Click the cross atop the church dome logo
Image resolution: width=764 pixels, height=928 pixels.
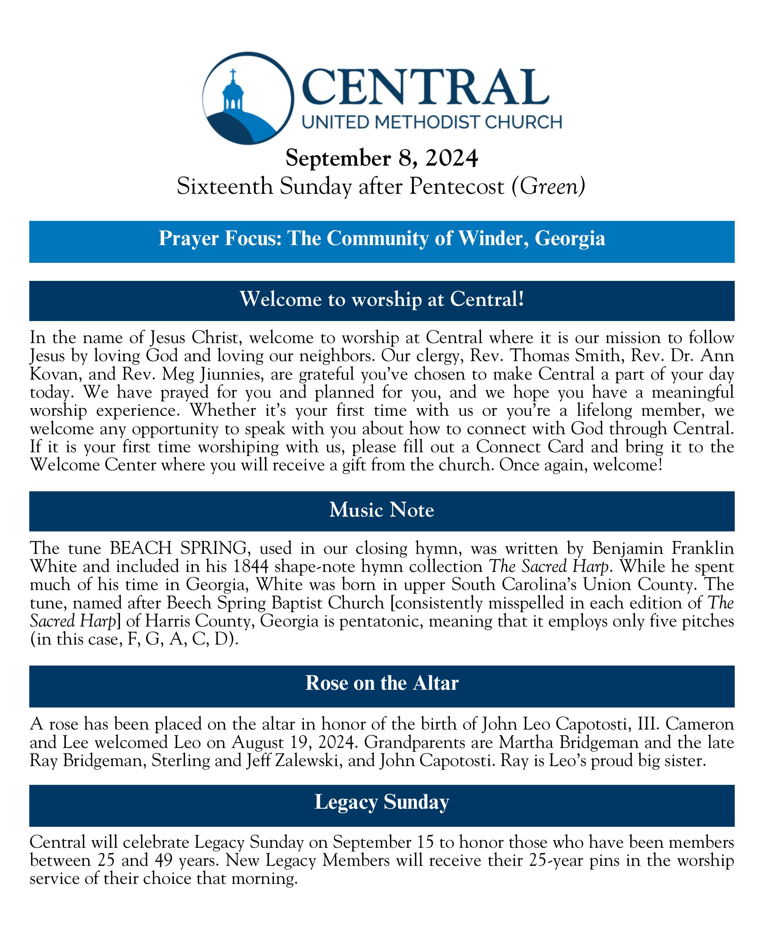[x=233, y=73]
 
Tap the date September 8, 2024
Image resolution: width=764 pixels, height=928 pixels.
[x=382, y=158]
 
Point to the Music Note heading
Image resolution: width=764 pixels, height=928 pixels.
[x=382, y=510]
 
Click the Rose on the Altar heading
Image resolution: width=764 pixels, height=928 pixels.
[x=382, y=683]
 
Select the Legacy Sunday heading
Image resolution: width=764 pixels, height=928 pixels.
[x=382, y=802]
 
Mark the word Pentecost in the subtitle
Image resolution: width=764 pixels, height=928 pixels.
[x=456, y=186]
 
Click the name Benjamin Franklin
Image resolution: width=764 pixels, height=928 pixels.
[x=663, y=548]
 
